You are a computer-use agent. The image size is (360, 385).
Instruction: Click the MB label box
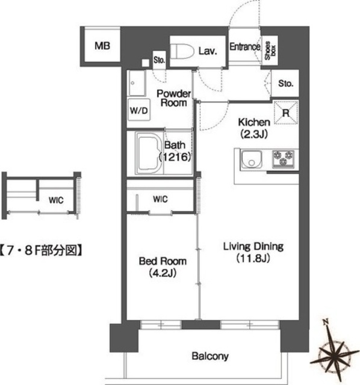pos(101,46)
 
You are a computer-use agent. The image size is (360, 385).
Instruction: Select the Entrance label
pos(244,46)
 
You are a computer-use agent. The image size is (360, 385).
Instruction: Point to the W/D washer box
pos(138,111)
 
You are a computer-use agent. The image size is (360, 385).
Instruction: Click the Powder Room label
pos(174,98)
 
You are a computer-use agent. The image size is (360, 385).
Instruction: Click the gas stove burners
pos(284,159)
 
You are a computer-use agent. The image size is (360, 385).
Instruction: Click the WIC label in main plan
pos(161,199)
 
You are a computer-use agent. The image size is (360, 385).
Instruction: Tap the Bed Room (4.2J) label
pos(163,266)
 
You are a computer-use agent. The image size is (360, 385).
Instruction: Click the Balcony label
pos(210,357)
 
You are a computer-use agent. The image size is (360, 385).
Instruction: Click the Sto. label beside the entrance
pos(285,83)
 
